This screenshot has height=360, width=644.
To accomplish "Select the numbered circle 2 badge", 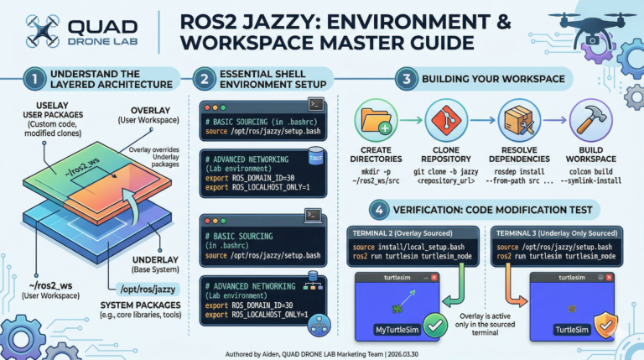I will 205,81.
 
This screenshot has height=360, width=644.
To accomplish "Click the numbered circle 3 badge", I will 404,81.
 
